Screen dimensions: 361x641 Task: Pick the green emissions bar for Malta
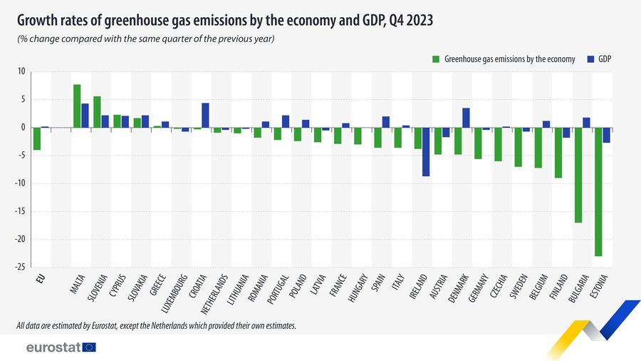tap(77, 106)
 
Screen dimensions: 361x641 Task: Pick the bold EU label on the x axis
tap(41, 278)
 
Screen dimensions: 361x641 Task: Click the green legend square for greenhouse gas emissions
tap(436, 59)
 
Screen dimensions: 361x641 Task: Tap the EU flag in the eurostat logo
tap(89, 347)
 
